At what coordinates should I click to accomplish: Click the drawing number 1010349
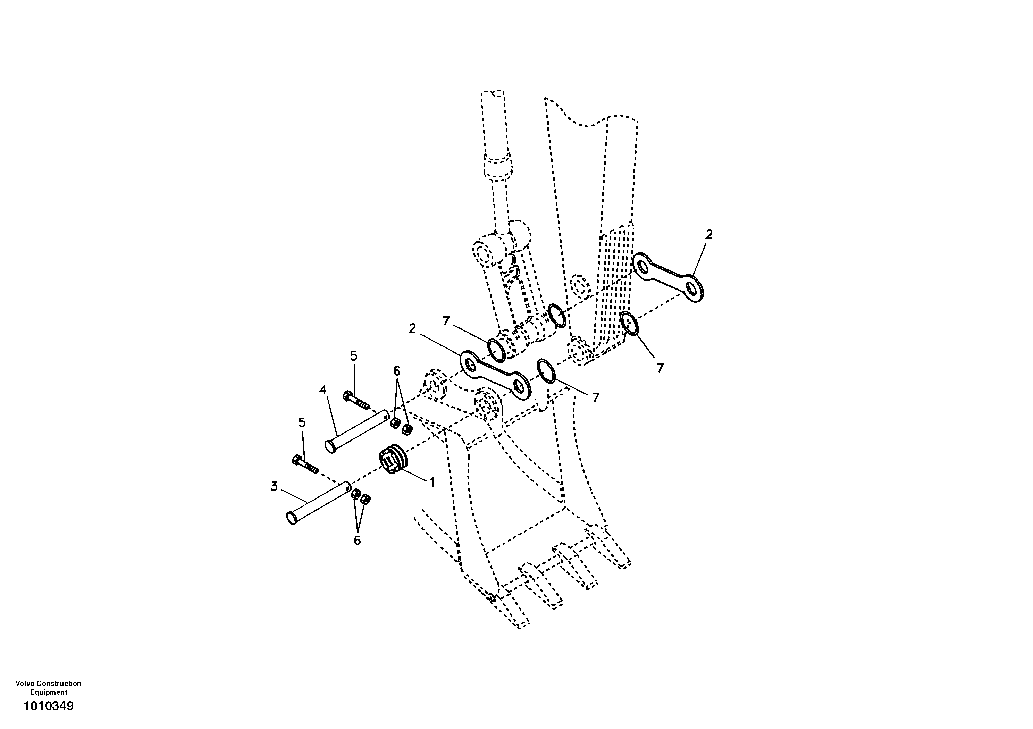coord(49,706)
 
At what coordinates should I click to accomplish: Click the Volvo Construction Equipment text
coord(49,688)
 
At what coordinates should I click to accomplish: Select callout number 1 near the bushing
coord(432,483)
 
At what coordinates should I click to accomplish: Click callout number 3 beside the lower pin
coord(274,486)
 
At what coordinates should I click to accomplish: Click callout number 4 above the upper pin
coord(323,390)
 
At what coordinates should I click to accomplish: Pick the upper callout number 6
coord(396,371)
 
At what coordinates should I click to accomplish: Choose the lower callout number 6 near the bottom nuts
coord(357,541)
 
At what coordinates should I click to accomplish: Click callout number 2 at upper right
coord(709,234)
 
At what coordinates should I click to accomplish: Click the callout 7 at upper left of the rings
coord(446,321)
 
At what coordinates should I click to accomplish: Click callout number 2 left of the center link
coord(412,329)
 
